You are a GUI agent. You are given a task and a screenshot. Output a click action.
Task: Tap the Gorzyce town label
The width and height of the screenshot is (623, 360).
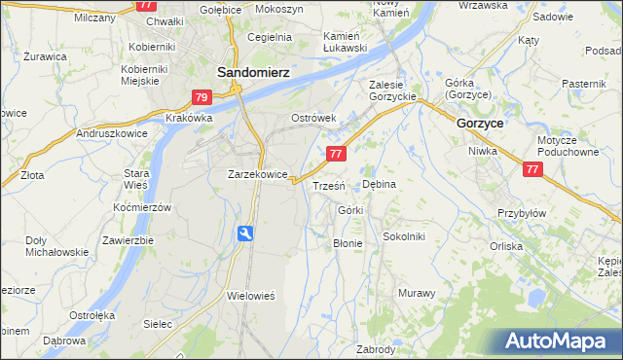(479, 124)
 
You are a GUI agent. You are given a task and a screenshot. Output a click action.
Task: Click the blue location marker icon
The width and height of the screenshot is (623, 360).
(246, 234)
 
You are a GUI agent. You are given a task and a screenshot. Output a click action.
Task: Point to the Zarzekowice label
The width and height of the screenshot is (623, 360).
(257, 175)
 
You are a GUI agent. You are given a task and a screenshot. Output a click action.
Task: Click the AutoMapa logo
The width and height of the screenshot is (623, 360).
(560, 341)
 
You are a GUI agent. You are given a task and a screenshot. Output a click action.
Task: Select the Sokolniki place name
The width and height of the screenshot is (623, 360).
(403, 235)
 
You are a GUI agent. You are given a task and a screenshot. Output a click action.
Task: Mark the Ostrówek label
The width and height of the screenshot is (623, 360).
(313, 118)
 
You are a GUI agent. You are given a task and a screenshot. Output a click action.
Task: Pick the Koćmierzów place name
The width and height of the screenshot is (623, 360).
(141, 208)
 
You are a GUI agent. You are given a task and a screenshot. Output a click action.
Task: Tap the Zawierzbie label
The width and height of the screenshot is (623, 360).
(128, 240)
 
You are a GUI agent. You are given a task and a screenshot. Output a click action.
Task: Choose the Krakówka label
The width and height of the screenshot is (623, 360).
(189, 118)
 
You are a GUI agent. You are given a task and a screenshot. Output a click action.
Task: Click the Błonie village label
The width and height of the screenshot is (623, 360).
(348, 243)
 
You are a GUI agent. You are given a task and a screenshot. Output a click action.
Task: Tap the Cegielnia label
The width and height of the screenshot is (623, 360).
(270, 37)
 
